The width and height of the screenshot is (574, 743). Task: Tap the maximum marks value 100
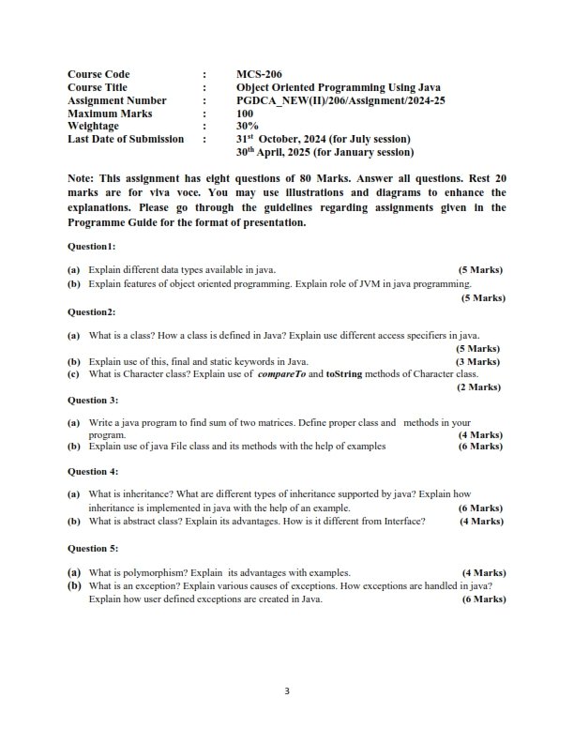246,113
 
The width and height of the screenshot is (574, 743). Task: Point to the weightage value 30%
248,126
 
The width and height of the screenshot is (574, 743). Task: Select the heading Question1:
92,246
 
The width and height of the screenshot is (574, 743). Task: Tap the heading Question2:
92,311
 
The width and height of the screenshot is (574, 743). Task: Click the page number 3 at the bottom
287,692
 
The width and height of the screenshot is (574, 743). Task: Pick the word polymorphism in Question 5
148,572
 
